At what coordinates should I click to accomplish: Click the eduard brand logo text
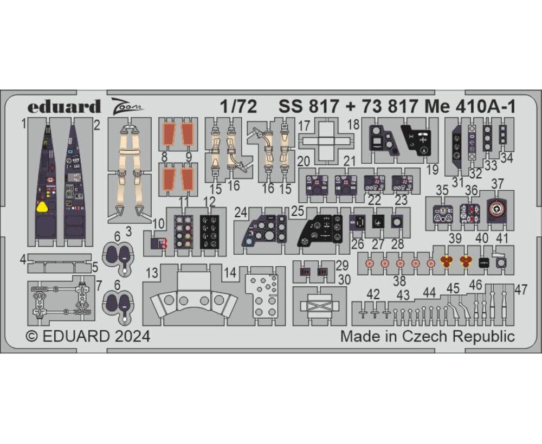click(64, 107)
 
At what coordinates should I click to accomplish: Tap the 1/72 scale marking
click(239, 107)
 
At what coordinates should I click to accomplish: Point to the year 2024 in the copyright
click(133, 336)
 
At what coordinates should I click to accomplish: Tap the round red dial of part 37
click(496, 210)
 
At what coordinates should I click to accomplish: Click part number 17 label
click(304, 126)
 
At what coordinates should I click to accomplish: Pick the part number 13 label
click(152, 273)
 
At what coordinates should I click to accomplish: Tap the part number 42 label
click(373, 294)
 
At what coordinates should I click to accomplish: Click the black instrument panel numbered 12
click(209, 231)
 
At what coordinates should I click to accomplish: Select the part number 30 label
click(344, 279)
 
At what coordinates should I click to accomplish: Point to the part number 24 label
click(241, 213)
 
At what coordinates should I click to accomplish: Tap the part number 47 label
click(521, 289)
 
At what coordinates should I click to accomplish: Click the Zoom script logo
click(127, 105)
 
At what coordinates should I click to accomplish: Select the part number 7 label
click(99, 286)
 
